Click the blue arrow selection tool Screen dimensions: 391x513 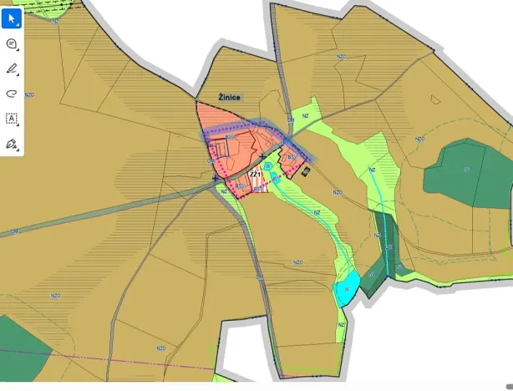click(12, 16)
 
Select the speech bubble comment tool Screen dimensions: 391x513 click(12, 43)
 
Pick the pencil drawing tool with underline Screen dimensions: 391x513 click(12, 69)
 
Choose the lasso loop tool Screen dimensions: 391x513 click(12, 94)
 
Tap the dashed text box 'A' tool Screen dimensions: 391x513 click(12, 119)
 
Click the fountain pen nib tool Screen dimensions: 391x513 click(12, 144)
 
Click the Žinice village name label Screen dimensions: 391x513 click(229, 98)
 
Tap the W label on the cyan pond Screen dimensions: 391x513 click(346, 288)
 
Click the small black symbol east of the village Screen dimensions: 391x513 click(307, 171)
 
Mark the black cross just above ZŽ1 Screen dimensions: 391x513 click(262, 156)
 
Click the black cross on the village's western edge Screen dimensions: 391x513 click(215, 177)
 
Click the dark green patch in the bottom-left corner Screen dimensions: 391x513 click(21, 343)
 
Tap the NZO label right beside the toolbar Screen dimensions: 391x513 click(30, 94)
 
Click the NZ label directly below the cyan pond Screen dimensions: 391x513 click(341, 324)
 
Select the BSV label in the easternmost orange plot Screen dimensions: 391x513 click(292, 156)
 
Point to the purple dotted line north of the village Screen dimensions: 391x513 click(251, 125)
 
